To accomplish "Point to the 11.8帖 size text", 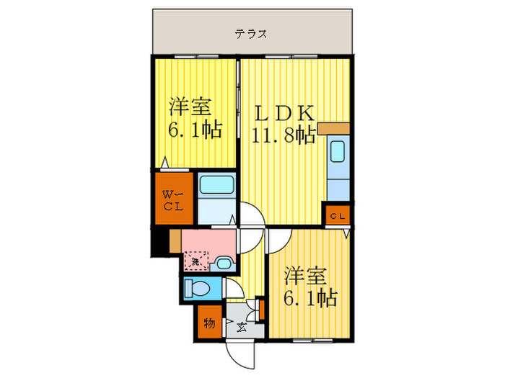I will coord(284,135).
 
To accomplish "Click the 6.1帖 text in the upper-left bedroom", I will coord(194,130).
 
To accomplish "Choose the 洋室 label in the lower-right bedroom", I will coord(306,276).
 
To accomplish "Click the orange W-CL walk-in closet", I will coord(172,199).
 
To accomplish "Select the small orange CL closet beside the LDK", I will coord(337,215).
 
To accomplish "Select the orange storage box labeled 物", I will coord(208,322).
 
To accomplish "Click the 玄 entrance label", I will coord(240,328).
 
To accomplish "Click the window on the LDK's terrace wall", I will coord(278,55).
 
